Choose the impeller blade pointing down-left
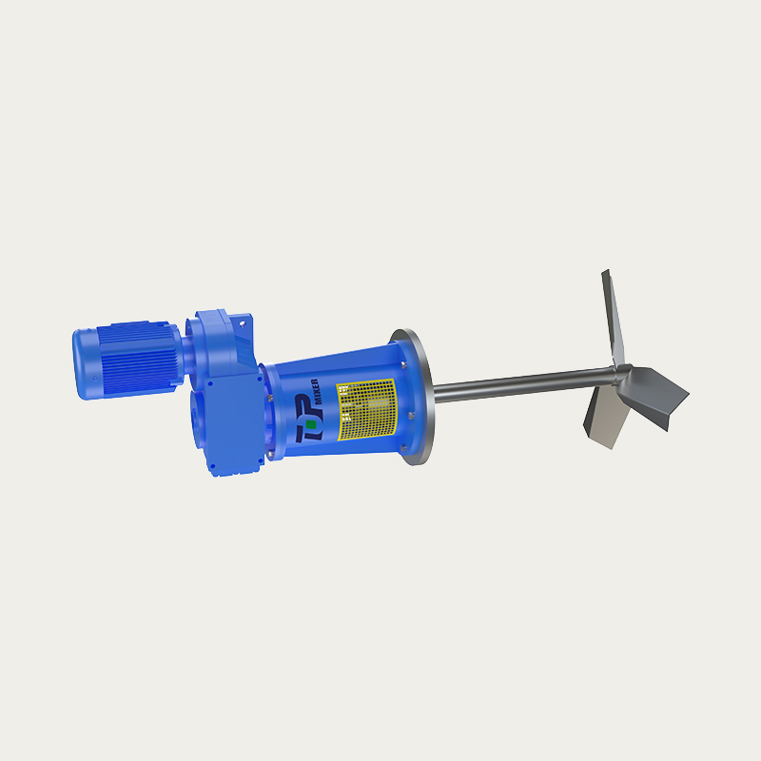604,419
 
